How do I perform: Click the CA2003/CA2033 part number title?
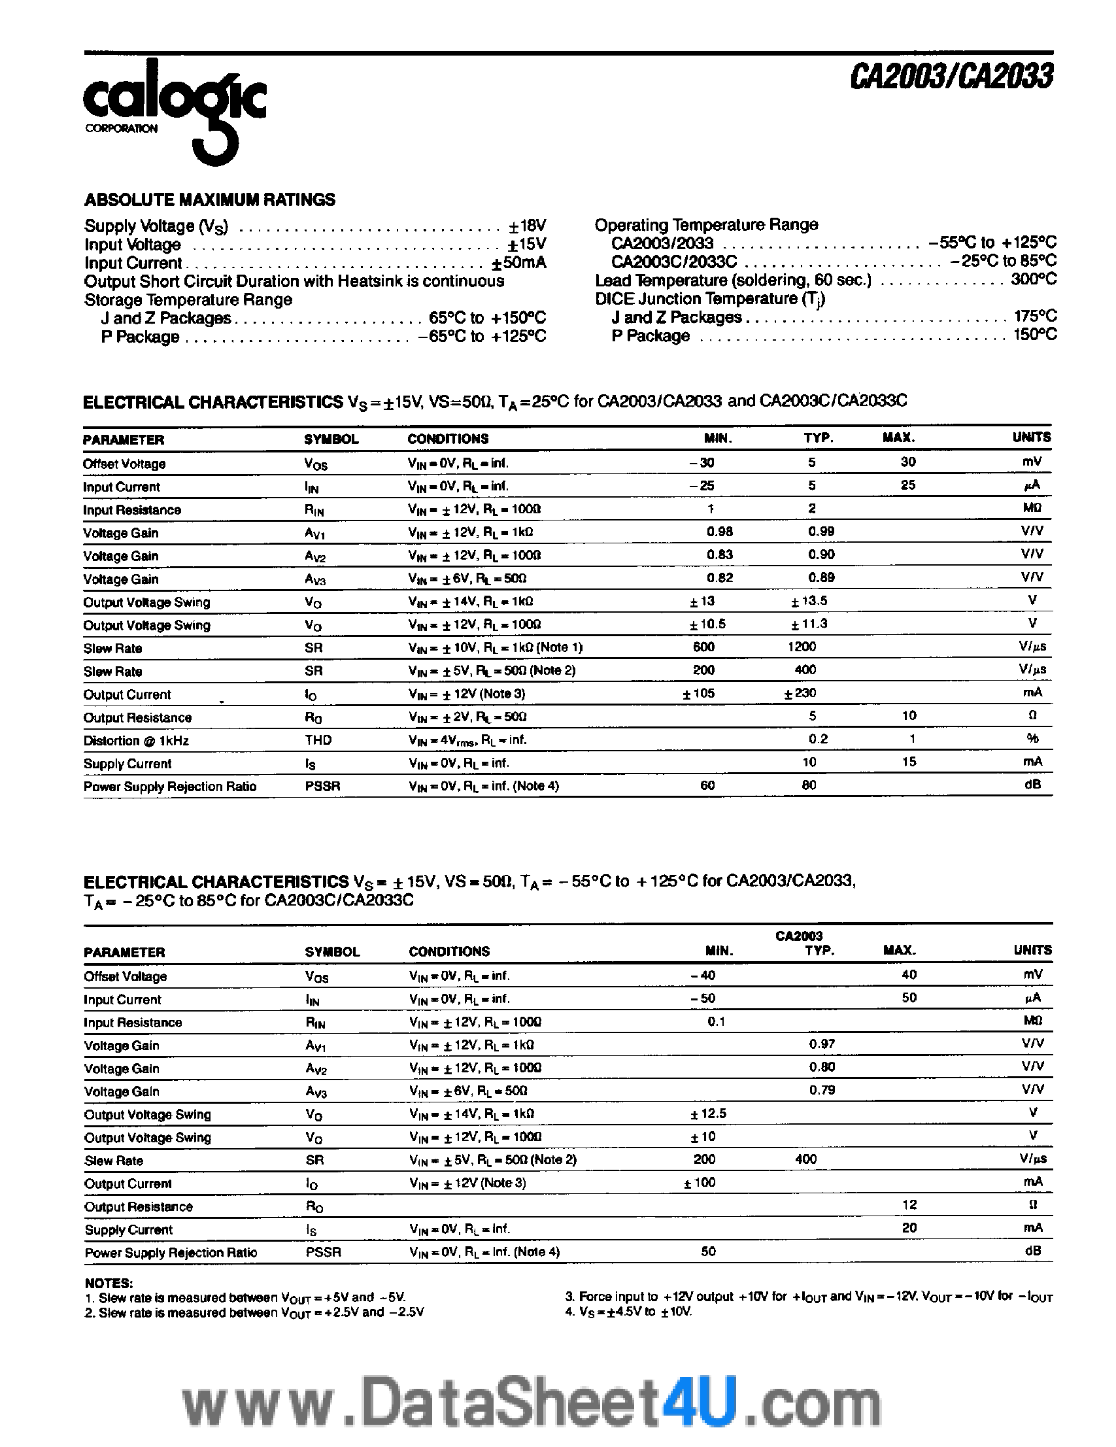pyautogui.click(x=951, y=77)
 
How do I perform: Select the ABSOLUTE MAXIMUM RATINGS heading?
pyautogui.click(x=209, y=199)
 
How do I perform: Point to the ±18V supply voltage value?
pyautogui.click(x=527, y=226)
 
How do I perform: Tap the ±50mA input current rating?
pyautogui.click(x=518, y=263)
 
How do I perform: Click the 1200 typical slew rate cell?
pyautogui.click(x=802, y=647)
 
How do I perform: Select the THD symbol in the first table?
pyautogui.click(x=318, y=740)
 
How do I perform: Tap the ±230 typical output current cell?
pyautogui.click(x=800, y=693)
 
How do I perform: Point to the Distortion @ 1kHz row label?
pyautogui.click(x=136, y=741)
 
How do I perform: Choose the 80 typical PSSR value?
pyautogui.click(x=809, y=785)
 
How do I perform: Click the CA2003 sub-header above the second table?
pyautogui.click(x=799, y=936)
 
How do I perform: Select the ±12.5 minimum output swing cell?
pyautogui.click(x=708, y=1114)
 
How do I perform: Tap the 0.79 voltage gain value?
pyautogui.click(x=822, y=1091)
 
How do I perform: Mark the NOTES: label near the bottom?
pyautogui.click(x=109, y=1284)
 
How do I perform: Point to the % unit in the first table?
pyautogui.click(x=1032, y=739)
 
